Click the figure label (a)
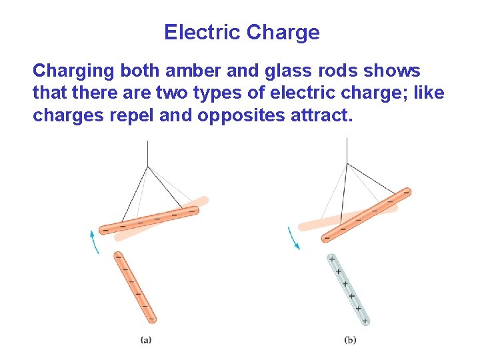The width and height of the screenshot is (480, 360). click(x=145, y=340)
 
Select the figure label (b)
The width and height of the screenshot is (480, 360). click(x=350, y=340)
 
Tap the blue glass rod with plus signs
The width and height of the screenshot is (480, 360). click(x=348, y=289)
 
